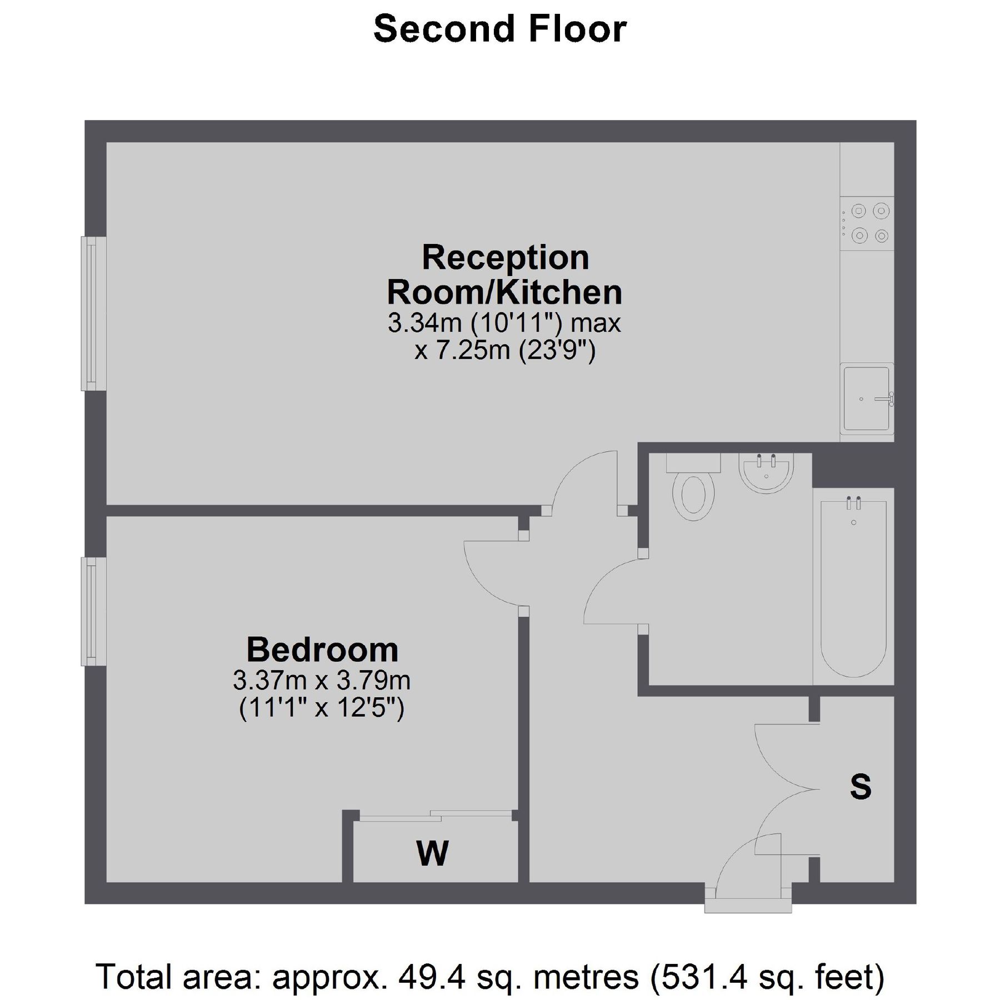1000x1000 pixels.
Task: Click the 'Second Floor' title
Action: [499, 29]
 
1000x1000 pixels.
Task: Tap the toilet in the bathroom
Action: [693, 489]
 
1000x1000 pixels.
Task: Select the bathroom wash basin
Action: [767, 472]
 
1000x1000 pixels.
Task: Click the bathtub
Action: [853, 586]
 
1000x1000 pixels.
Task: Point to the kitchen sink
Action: [867, 399]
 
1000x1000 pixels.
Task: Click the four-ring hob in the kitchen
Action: [867, 223]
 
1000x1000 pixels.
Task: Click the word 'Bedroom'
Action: [322, 649]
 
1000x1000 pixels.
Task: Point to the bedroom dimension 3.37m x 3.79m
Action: [322, 680]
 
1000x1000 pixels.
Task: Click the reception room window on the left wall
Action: [93, 313]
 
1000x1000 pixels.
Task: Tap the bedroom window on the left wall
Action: [93, 611]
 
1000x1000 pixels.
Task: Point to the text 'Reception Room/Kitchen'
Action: [504, 275]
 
